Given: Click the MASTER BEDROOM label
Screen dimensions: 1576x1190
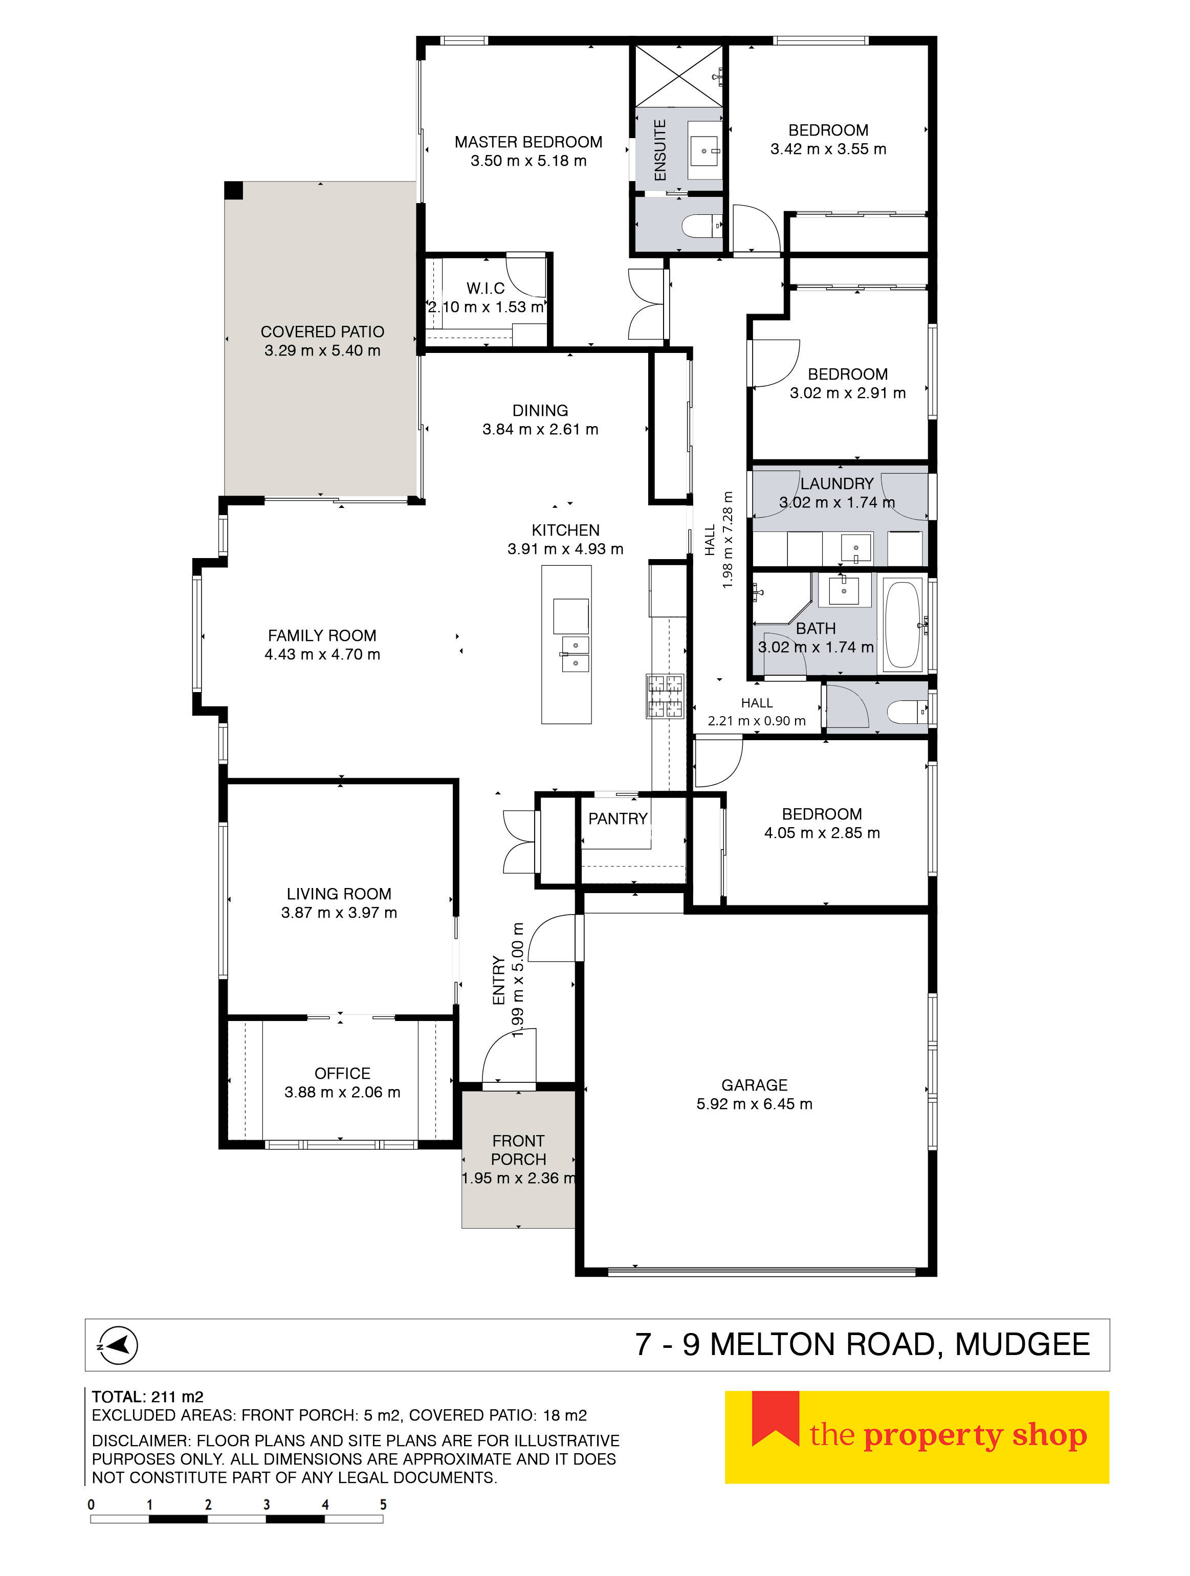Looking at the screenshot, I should tap(528, 142).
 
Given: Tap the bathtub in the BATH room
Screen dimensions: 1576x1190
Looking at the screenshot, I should tap(902, 626).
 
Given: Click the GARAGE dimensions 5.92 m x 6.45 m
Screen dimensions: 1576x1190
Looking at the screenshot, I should tap(754, 1104).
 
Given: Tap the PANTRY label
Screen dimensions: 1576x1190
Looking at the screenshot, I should tap(617, 818).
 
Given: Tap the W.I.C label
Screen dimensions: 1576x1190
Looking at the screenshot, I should tap(486, 288).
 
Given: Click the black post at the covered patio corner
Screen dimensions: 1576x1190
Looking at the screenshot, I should tap(234, 190).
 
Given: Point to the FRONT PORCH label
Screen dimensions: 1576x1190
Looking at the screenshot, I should tap(518, 1150).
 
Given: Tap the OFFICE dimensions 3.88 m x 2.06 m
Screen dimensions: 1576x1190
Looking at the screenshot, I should tap(342, 1092).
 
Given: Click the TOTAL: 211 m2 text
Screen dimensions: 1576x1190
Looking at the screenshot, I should tap(147, 1396).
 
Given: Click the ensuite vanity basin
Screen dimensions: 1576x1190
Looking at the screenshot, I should tap(704, 150).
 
